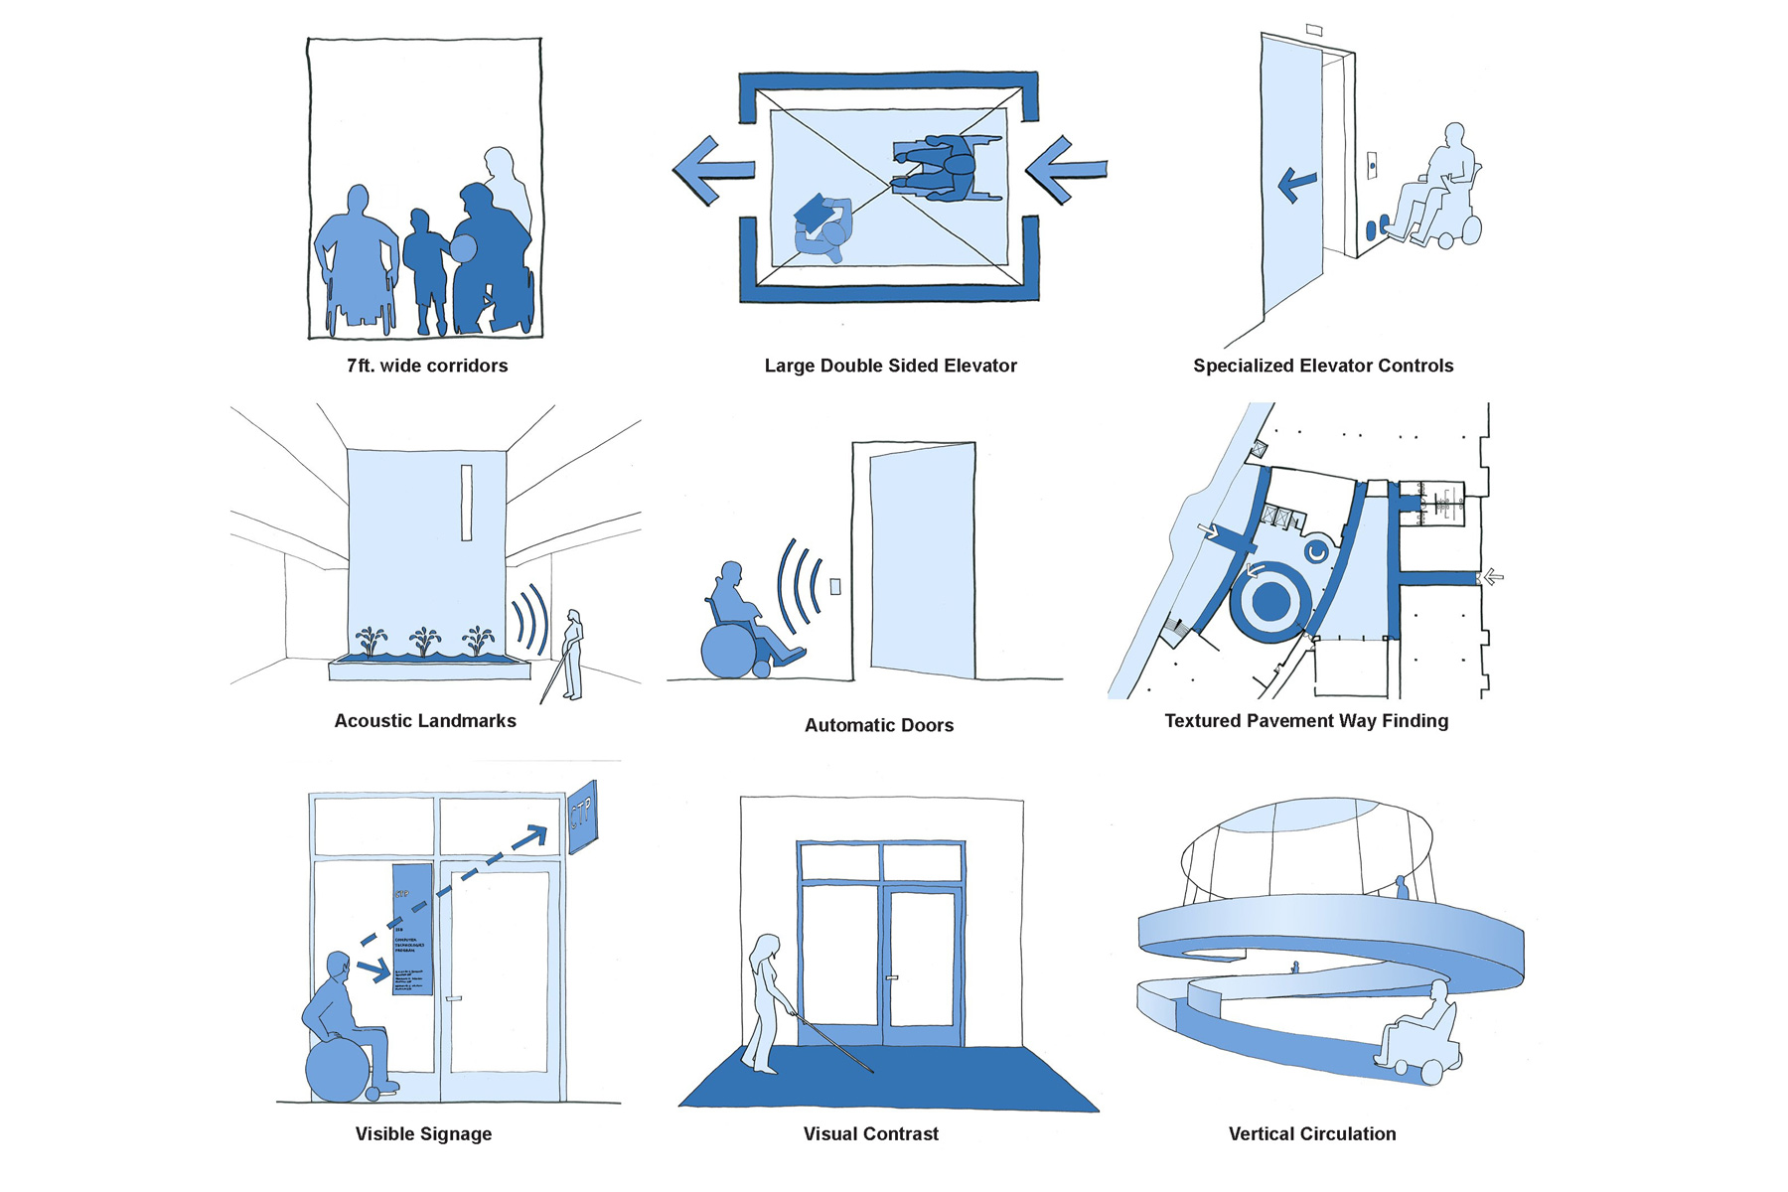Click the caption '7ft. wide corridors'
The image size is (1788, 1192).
coord(427,366)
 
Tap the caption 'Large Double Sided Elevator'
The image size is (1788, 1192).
coord(890,366)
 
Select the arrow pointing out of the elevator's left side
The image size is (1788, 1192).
coord(709,170)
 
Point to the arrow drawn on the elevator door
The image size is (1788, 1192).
coord(1296,183)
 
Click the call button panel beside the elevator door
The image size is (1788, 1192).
coord(1372,165)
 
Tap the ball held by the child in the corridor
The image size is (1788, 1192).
coord(463,249)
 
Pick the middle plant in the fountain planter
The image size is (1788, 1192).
coord(425,642)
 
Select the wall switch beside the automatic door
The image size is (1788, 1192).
coord(835,586)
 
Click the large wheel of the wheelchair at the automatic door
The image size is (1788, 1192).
coord(728,651)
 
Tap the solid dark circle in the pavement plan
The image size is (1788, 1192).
coord(1270,601)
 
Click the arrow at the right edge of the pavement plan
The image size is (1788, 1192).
coord(1493,576)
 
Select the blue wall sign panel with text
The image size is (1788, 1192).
coord(412,929)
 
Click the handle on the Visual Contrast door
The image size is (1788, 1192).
coord(892,978)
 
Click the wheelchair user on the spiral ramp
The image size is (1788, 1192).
coord(1418,1038)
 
